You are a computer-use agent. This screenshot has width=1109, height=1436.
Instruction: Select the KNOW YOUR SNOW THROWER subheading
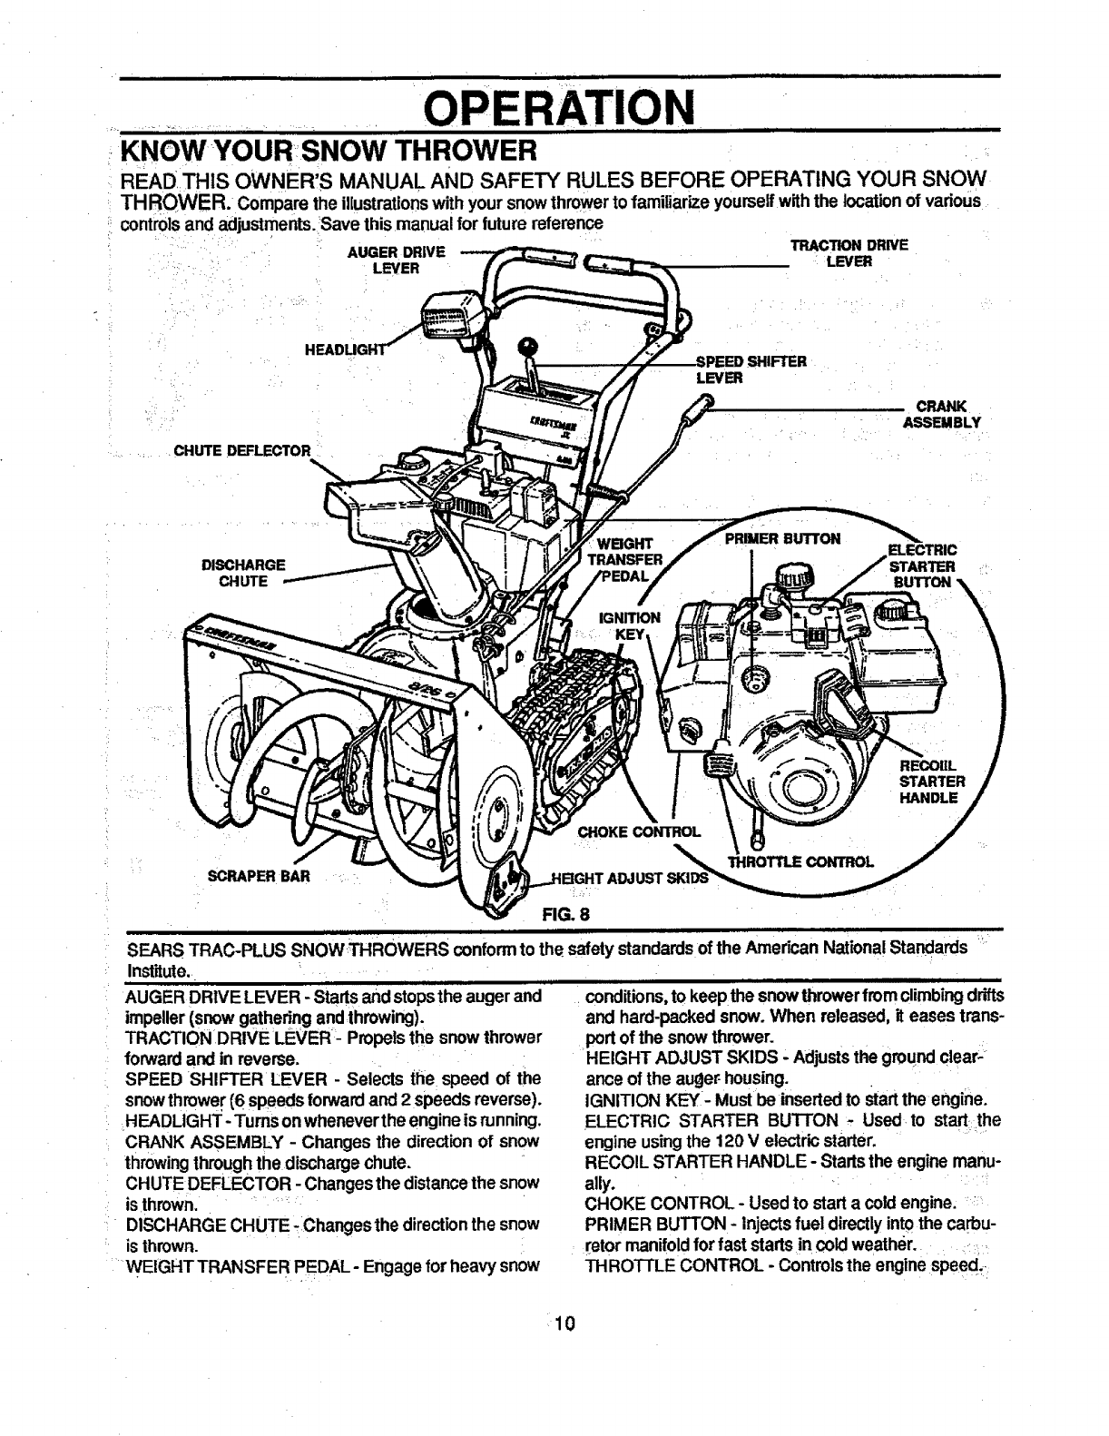tap(331, 147)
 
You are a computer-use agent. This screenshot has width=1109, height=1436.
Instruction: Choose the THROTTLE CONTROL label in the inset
tap(799, 861)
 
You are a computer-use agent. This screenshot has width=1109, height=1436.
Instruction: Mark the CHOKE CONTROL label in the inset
tap(639, 831)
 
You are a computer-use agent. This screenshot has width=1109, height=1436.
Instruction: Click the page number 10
tap(564, 1322)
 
